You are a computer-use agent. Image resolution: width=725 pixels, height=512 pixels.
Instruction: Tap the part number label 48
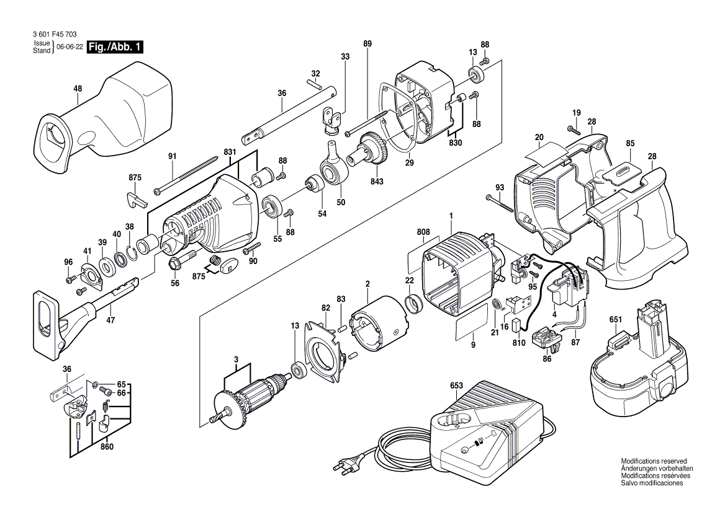tap(78, 89)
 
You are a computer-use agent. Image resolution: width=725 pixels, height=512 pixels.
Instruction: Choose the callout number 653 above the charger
tap(456, 386)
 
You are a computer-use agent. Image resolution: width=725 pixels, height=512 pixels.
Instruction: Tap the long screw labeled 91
tap(186, 175)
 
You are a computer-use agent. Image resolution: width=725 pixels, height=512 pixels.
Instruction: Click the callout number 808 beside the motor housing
tap(423, 232)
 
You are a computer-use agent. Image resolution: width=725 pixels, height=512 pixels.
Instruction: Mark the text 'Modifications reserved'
tap(654, 461)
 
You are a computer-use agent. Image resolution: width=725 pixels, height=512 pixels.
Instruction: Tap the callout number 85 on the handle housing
tap(630, 143)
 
